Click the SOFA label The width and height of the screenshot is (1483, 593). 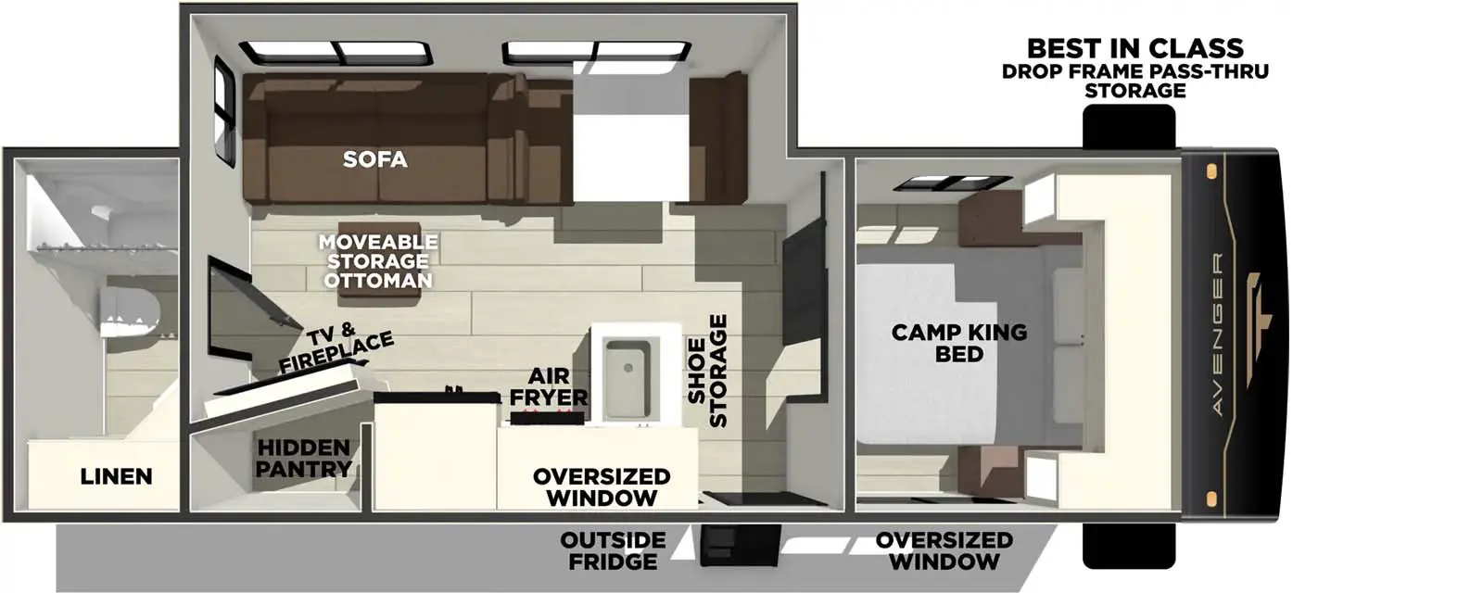374,159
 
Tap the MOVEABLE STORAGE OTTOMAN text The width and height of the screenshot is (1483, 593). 377,261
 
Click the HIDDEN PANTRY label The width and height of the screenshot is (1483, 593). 303,459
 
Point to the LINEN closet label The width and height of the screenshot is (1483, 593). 116,476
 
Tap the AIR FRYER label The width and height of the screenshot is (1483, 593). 549,386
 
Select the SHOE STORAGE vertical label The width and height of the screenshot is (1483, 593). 707,371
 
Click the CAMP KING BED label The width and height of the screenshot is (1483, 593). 958,343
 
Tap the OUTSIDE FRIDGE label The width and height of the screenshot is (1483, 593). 613,550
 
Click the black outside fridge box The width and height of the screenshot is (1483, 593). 740,545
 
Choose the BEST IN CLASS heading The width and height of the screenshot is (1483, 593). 1134,48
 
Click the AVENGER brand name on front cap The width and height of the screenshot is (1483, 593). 1218,334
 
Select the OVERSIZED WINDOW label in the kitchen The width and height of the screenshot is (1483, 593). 601,486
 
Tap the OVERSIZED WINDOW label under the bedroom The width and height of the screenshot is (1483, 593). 944,550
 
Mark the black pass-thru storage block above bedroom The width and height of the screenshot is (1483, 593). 1129,126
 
